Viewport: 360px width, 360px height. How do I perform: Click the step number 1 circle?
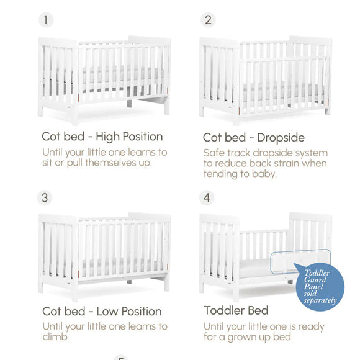tap(46, 20)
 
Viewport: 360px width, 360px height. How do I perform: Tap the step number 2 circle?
tap(208, 20)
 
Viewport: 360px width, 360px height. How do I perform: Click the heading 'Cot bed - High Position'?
tap(102, 137)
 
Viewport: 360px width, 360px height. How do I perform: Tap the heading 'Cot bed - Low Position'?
tap(102, 311)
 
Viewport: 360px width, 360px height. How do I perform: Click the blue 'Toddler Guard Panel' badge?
tap(320, 286)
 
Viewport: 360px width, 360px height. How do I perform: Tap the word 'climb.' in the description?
tap(55, 337)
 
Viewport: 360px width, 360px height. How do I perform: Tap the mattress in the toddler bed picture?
tap(254, 268)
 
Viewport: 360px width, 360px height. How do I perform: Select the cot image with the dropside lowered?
tap(265, 79)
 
